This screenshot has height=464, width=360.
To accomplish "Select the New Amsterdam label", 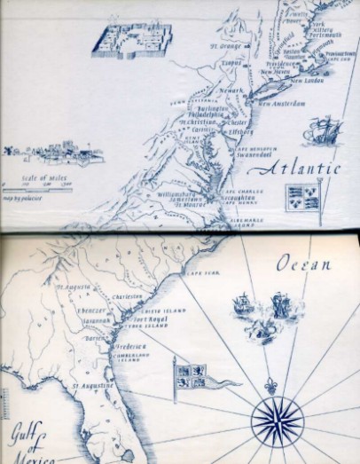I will [281, 103].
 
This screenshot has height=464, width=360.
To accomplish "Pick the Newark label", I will [232, 90].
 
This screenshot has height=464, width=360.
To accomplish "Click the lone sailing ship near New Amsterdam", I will [321, 130].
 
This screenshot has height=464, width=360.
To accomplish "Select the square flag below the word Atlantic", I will [301, 197].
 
